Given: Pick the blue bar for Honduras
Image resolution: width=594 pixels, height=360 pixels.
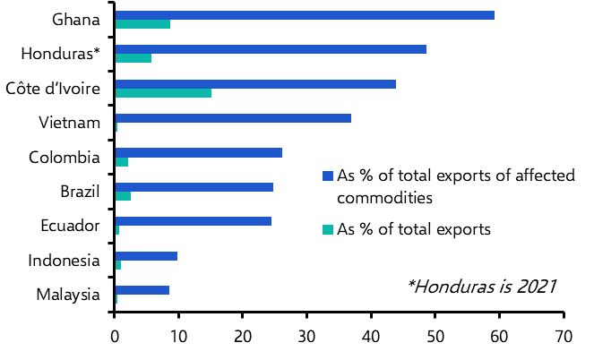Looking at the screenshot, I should coord(271,49).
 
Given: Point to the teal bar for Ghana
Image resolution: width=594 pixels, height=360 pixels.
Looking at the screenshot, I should coord(142,24).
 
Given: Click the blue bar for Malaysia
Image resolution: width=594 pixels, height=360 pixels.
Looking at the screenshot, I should coord(142,290).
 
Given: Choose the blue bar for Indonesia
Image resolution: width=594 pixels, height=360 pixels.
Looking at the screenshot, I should coord(146,256).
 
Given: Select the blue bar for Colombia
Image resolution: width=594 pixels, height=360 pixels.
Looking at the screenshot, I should coord(198,152).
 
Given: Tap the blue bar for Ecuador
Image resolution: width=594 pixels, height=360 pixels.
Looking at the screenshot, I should coord(193,221).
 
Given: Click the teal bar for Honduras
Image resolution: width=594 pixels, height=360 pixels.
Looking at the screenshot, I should coord(133,58).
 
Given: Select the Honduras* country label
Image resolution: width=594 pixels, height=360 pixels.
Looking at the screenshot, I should coord(60,54).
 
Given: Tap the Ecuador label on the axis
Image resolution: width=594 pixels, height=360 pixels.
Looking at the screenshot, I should coord(70,226).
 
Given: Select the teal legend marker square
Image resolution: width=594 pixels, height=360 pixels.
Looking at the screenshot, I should coord(327,229).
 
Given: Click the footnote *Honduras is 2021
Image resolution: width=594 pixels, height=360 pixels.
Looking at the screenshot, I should coord(481,287).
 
